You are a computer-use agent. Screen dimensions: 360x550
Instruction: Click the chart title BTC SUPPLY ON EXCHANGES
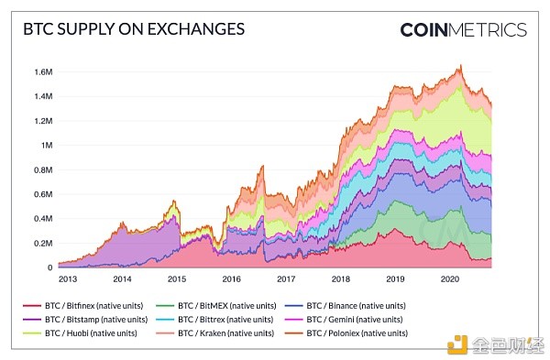133,29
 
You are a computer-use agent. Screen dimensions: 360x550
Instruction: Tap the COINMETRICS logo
463,29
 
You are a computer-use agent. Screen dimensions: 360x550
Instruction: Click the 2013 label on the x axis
67,278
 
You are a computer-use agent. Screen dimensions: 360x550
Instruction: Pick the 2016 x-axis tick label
233,278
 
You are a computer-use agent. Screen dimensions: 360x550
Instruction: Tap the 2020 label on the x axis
450,278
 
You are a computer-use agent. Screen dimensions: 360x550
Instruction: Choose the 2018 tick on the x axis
342,278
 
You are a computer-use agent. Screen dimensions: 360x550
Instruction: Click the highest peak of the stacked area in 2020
460,65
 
